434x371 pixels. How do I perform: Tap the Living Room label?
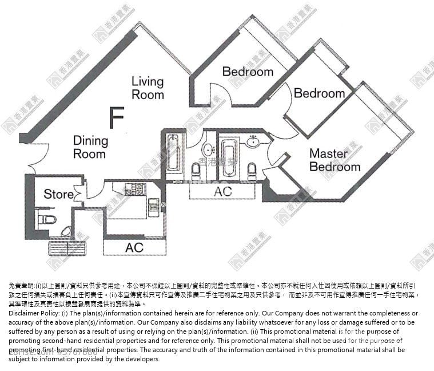point(148,88)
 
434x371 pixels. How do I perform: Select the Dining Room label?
point(90,147)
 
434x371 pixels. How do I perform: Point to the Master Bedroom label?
point(335,160)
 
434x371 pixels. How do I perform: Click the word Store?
point(58,194)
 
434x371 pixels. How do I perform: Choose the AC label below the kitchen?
point(134,247)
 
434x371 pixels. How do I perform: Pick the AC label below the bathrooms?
point(223,191)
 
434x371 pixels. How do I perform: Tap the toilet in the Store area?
point(42,219)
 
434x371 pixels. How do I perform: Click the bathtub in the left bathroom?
point(173,152)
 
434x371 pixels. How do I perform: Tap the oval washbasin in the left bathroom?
point(208,149)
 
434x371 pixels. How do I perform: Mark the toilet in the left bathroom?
point(196,169)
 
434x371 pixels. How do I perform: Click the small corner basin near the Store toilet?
point(66,232)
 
